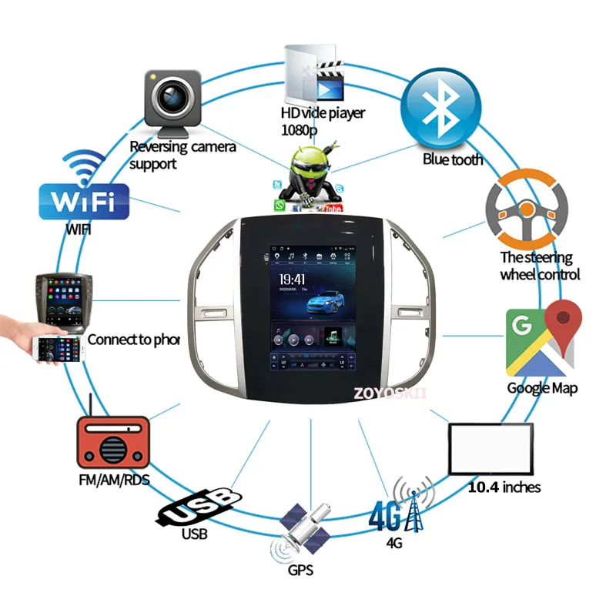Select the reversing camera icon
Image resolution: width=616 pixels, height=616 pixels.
pos(171,101)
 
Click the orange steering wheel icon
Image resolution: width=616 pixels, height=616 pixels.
pos(526,207)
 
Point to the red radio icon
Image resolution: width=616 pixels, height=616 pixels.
pos(112,444)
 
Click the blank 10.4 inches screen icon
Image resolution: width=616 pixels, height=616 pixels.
pos(490,450)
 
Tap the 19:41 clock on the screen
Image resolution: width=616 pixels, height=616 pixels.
pos(292,280)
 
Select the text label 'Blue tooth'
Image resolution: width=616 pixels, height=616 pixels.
pos(453,159)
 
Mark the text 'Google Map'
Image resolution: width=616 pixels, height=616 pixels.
pos(542,388)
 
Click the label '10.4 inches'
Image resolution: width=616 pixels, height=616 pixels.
pos(504,487)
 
